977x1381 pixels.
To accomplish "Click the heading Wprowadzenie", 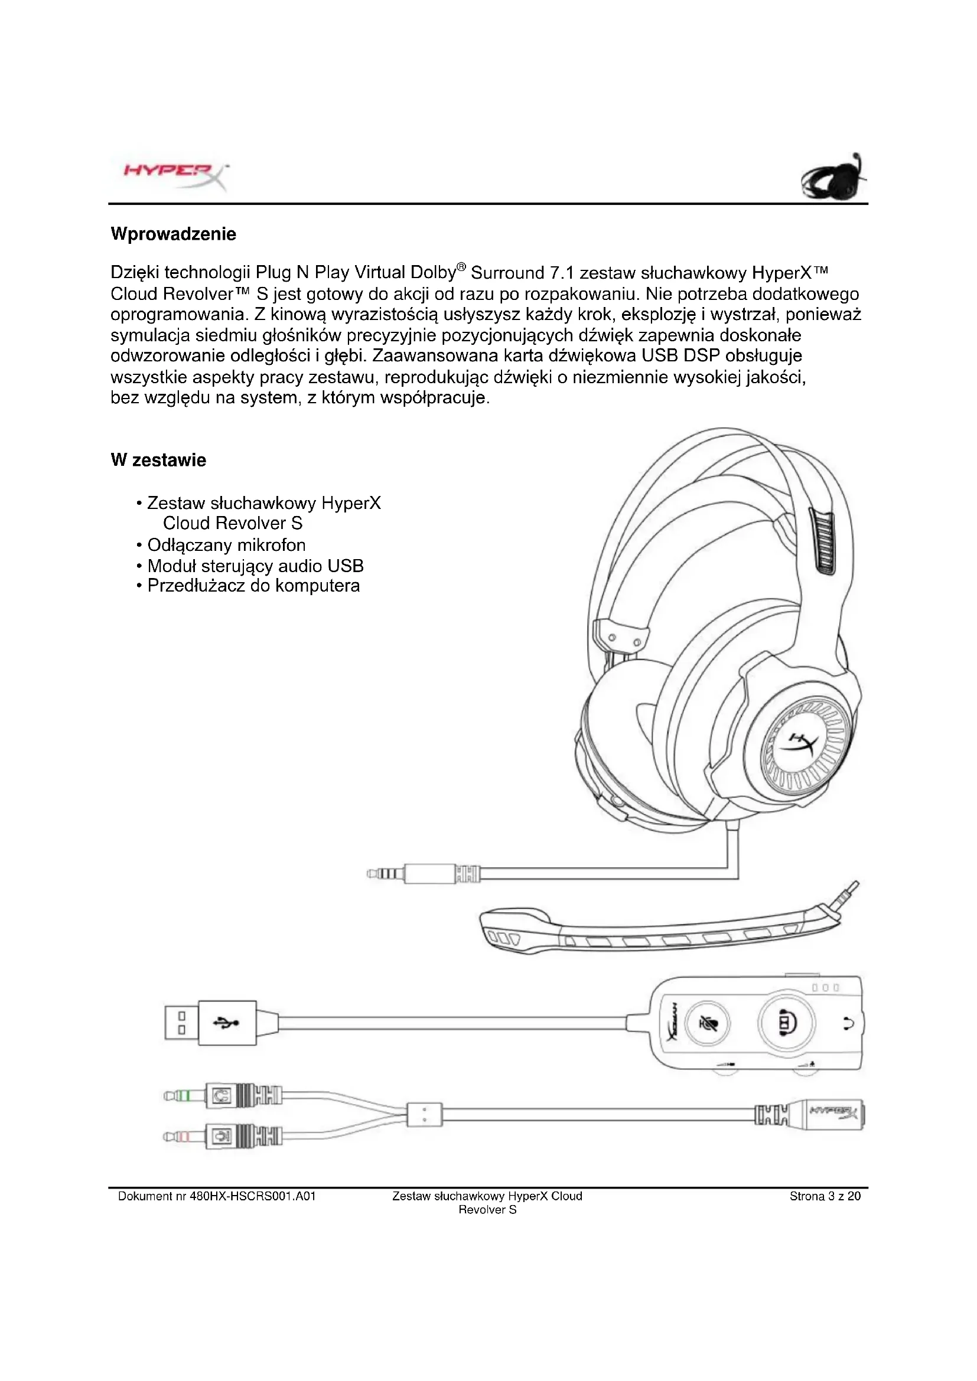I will [x=173, y=234].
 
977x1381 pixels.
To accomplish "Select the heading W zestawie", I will [x=158, y=460].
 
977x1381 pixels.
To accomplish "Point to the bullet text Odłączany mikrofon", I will [x=226, y=545].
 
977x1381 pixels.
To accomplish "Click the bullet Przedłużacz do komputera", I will [x=253, y=586].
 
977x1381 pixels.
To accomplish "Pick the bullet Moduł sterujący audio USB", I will [x=255, y=566].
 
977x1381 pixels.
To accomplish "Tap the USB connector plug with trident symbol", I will [x=210, y=1023].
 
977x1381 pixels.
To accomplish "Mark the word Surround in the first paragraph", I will [x=507, y=273].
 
